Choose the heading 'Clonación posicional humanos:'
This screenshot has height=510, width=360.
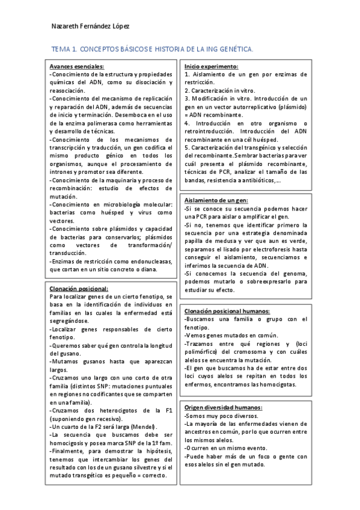[x=227, y=311]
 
